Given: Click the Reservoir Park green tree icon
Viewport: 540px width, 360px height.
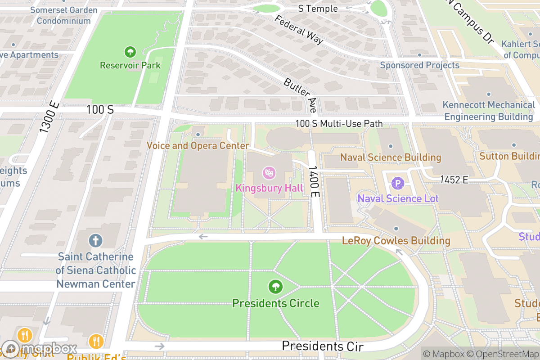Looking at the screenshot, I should tap(130, 52).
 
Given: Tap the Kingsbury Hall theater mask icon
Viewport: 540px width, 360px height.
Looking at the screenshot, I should tap(269, 172).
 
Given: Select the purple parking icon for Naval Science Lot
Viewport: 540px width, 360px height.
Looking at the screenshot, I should tap(398, 183).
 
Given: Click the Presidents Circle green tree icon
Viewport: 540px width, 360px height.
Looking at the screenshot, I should tap(275, 286).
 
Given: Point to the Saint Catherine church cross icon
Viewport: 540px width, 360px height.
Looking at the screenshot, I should tap(95, 240).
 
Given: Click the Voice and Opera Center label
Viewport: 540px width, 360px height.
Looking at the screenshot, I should tap(198, 146).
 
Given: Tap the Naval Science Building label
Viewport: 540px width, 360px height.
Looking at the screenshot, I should tap(391, 157).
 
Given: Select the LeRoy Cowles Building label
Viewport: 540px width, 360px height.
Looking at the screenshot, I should tap(396, 241).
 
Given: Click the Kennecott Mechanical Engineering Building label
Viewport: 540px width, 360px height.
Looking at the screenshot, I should tap(489, 111).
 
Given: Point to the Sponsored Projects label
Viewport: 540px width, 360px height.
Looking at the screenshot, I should tap(419, 65).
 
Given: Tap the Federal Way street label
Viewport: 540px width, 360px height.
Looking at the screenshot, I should tap(299, 30).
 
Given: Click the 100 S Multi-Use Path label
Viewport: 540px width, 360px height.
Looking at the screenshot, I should tap(339, 123).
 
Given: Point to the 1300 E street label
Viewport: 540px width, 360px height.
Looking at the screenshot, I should tap(49, 117).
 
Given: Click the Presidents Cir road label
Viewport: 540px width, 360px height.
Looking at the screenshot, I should tap(322, 346).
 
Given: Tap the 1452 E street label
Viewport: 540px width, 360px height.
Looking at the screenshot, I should tap(454, 180).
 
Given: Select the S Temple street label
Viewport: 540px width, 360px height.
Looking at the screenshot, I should tap(318, 9).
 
